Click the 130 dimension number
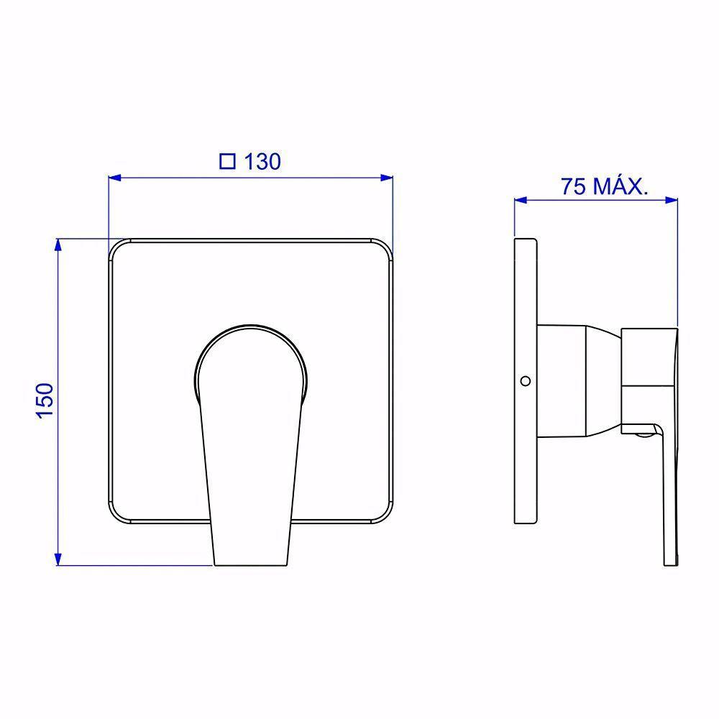tap(262, 162)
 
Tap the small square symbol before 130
tap(227, 161)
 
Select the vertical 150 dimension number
tap(45, 400)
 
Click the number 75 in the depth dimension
tap(574, 186)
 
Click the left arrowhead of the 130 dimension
tap(114, 178)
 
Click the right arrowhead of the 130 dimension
tap(387, 178)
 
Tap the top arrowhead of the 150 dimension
tap(58, 245)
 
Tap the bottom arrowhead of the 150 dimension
tap(58, 559)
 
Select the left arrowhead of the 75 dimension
tap(521, 200)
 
